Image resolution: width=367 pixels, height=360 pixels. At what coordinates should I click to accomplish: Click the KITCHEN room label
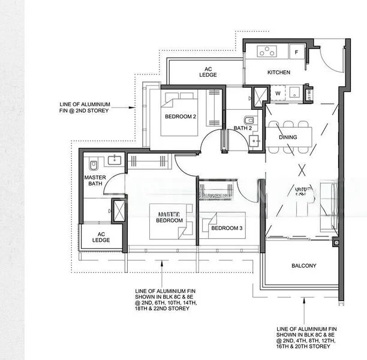[278, 72]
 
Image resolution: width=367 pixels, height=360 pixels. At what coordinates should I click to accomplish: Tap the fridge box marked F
[296, 52]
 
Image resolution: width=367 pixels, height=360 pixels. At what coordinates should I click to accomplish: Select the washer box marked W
[278, 93]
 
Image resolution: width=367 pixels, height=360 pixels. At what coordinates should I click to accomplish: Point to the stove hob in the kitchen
[267, 52]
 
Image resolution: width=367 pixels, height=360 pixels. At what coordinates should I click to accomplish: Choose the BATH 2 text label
[242, 128]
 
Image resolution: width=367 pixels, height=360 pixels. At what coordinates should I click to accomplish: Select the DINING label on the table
[288, 137]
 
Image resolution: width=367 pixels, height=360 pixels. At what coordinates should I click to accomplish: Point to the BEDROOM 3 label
[227, 228]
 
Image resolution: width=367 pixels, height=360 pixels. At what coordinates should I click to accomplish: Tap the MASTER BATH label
[95, 181]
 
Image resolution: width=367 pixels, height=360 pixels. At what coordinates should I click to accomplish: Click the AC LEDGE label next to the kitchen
[207, 72]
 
